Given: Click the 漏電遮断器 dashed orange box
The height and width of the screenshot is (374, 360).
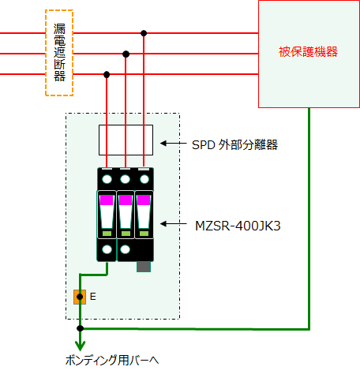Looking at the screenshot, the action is tap(46, 53).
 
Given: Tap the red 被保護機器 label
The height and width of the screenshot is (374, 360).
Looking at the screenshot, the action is tap(308, 51).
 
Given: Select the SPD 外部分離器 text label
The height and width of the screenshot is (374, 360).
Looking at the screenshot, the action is tap(234, 144).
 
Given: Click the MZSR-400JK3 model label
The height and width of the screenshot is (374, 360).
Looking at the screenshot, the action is tap(238, 226).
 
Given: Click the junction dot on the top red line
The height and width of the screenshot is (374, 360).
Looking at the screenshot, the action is tap(144, 33).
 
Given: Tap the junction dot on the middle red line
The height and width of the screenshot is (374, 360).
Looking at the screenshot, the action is tap(126, 54).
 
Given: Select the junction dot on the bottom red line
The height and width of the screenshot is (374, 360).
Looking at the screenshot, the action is tap(107, 75).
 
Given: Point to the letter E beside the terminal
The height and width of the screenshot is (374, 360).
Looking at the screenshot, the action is tap(93, 297).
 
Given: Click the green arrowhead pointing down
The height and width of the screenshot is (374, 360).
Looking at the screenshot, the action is tap(80, 346).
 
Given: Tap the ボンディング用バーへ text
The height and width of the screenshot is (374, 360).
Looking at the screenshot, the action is tap(112, 360).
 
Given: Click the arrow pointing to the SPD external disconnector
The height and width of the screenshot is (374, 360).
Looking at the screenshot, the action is tap(174, 144).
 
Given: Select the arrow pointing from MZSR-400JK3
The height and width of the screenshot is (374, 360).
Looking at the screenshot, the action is tap(174, 224).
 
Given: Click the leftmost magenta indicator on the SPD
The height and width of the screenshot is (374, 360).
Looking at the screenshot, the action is tap(107, 200).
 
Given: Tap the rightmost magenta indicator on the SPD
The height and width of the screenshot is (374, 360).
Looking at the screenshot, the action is tap(144, 200).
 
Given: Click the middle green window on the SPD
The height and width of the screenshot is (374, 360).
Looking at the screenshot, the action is tap(126, 234).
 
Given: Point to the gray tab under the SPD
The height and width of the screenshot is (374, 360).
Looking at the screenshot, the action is tap(144, 267).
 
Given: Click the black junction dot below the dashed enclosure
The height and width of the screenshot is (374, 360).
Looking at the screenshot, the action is tap(80, 328).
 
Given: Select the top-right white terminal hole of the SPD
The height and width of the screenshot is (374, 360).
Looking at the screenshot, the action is tap(144, 179).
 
